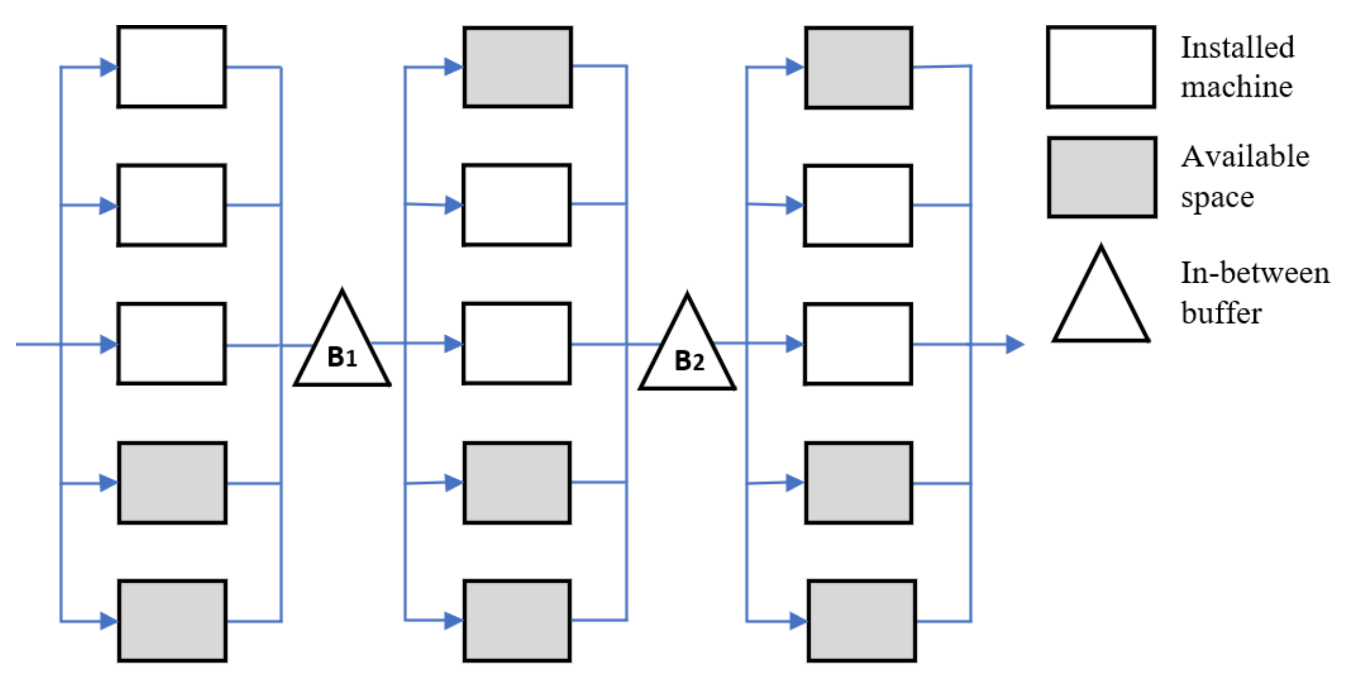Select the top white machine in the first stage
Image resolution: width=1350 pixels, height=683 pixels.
[x=171, y=66]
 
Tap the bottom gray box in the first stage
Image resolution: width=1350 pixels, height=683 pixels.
[x=172, y=621]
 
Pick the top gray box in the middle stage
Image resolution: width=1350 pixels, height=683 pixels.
[x=517, y=67]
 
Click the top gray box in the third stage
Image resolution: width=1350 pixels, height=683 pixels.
[x=858, y=67]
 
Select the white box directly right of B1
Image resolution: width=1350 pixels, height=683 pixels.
[x=516, y=343]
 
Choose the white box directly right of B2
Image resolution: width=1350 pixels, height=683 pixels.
[x=857, y=344]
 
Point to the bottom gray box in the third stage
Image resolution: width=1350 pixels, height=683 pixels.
[x=861, y=621]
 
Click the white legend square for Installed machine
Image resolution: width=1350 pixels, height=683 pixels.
[x=1101, y=67]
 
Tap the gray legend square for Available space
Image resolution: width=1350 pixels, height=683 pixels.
[x=1102, y=177]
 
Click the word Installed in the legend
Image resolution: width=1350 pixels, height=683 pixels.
[x=1237, y=47]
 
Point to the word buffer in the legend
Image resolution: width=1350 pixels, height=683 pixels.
[x=1221, y=314]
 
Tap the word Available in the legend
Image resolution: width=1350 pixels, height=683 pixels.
[x=1244, y=156]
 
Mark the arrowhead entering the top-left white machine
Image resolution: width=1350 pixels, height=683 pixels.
[x=108, y=67]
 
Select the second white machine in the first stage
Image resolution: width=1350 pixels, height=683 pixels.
[x=171, y=205]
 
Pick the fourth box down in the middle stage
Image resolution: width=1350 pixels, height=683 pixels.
[x=517, y=483]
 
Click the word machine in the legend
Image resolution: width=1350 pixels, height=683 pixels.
[x=1236, y=87]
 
